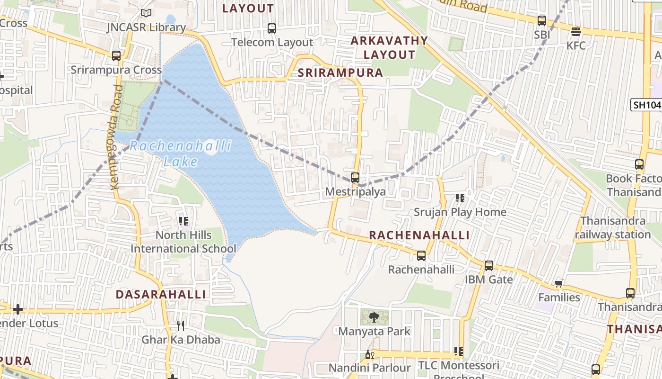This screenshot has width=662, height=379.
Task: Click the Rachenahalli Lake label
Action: pyautogui.click(x=180, y=153)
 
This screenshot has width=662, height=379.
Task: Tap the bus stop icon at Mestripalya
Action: pyautogui.click(x=355, y=178)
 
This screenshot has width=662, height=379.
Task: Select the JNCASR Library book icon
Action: pyautogui.click(x=146, y=13)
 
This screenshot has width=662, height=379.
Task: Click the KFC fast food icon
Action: pyautogui.click(x=575, y=32)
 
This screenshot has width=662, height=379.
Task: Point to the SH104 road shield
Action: pyautogui.click(x=646, y=105)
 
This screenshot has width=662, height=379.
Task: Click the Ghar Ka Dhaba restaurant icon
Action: pyautogui.click(x=180, y=325)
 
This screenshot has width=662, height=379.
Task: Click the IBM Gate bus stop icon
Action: pyautogui.click(x=489, y=265)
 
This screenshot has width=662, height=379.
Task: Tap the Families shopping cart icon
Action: pyautogui.click(x=559, y=283)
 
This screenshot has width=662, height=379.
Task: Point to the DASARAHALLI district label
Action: pyautogui.click(x=161, y=294)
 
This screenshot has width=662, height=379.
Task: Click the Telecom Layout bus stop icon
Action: pyautogui.click(x=272, y=28)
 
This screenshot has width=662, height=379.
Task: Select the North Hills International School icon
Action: pyautogui.click(x=184, y=221)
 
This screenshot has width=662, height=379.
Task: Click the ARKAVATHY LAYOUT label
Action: pyautogui.click(x=389, y=47)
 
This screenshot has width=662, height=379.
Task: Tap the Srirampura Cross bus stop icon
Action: pyautogui.click(x=116, y=55)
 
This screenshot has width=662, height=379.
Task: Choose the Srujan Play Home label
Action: pyautogui.click(x=460, y=212)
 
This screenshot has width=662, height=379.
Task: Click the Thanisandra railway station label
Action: pyautogui.click(x=613, y=228)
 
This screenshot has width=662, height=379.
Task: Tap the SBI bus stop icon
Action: pyautogui.click(x=542, y=21)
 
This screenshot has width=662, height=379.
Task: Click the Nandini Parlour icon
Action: pyautogui.click(x=369, y=354)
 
